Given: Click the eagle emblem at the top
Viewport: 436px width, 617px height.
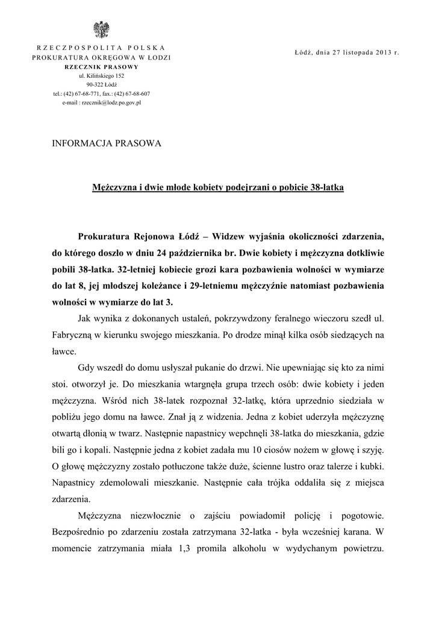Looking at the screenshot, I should [x=101, y=30].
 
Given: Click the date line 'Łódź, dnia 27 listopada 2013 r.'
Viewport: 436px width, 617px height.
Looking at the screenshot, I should [x=347, y=52].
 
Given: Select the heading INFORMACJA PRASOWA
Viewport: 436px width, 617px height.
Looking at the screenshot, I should [x=107, y=143].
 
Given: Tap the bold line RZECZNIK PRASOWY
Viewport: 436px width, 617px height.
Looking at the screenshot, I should [x=101, y=67].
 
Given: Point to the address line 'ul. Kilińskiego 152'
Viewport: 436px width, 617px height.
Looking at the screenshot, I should [x=101, y=76].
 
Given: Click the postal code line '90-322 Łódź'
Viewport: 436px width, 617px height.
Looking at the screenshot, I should [x=101, y=85].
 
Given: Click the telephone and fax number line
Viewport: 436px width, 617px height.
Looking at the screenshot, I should [x=101, y=94].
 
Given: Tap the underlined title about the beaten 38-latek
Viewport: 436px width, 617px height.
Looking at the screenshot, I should [x=217, y=187].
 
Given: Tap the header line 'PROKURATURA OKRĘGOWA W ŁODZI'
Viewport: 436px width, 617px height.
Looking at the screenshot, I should [x=101, y=57].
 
